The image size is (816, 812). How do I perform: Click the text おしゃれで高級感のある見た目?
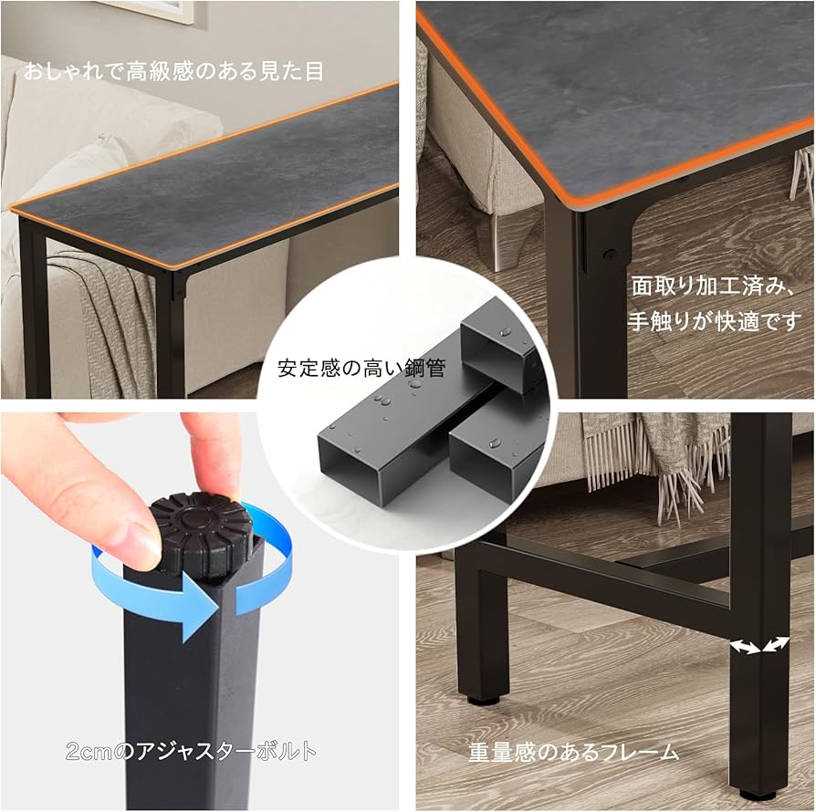tap(173, 70)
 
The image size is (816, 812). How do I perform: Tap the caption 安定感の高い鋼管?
tap(361, 370)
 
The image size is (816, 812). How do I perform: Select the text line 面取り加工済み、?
tap(715, 285)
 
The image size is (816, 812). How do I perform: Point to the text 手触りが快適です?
tap(715, 321)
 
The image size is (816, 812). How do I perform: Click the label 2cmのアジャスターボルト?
tap(192, 751)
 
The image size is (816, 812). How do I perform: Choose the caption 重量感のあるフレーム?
tap(573, 752)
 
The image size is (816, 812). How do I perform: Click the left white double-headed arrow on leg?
tap(745, 647)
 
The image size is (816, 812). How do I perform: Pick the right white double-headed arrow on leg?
tap(776, 644)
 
